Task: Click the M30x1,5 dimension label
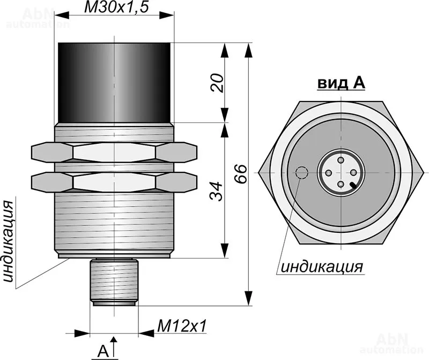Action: (x=116, y=7)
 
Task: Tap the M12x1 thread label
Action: (x=182, y=326)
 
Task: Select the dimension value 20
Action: (x=217, y=83)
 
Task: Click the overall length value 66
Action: (x=241, y=174)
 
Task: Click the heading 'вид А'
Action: (x=341, y=83)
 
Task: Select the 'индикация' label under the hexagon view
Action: (x=322, y=266)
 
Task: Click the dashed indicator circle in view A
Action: (x=302, y=173)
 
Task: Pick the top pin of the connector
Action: (x=341, y=160)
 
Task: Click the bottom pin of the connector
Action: (x=341, y=185)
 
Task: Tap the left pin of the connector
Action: (x=328, y=172)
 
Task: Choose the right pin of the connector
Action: (x=353, y=172)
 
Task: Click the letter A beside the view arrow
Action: (x=103, y=351)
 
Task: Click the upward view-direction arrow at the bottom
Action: (x=114, y=347)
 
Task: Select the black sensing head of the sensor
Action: (x=115, y=83)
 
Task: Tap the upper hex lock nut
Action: (x=114, y=152)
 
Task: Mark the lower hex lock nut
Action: (x=114, y=182)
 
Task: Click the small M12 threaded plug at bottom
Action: (x=114, y=283)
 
